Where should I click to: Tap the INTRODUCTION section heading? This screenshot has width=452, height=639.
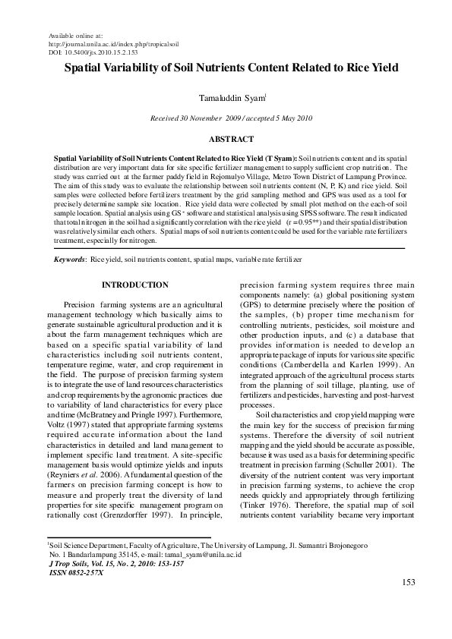coord(135,285)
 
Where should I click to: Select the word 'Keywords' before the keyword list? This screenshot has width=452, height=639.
coord(69,260)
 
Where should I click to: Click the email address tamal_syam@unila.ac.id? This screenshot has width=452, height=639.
coord(201,555)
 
